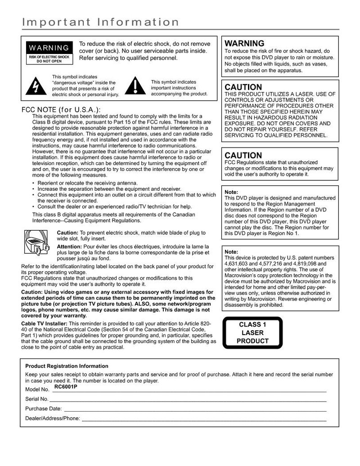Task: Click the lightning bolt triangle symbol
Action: click(35, 85)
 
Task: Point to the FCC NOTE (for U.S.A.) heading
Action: click(62, 110)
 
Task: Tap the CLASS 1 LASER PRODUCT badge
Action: click(252, 333)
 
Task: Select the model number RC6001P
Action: click(65, 386)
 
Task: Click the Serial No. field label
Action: click(37, 399)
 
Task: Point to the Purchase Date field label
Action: click(43, 409)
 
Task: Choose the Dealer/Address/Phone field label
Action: click(53, 419)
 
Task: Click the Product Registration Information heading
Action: click(67, 366)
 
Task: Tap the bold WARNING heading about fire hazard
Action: click(244, 44)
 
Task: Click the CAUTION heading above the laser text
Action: click(243, 87)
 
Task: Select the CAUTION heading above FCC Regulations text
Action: click(243, 156)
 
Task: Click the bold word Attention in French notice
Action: click(69, 247)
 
